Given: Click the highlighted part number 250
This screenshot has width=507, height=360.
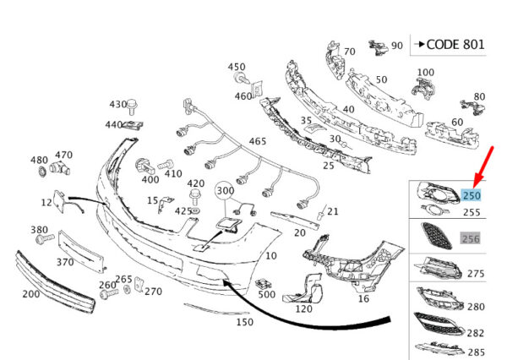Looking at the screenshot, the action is pos(472,195).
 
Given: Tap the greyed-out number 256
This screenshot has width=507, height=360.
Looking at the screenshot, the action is pos(471,238).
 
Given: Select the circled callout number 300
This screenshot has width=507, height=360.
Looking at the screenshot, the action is pos(225,191).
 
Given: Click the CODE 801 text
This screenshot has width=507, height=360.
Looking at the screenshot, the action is pos(455,45).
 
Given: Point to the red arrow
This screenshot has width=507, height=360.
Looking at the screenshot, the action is pos(483,167).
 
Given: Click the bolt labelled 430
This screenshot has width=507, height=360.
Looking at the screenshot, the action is pos(131,106).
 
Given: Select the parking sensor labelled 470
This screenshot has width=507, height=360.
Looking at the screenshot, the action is pos(59,168).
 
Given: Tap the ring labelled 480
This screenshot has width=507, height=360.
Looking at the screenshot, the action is pos(42,171).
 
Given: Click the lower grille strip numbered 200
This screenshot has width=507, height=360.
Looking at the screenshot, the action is pos(55,281).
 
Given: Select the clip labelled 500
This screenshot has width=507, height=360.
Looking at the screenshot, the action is pos(264,285).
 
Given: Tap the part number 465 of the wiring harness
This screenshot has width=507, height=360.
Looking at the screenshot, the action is pos(258,141).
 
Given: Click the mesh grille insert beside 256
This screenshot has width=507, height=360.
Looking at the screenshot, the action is pos(436,236).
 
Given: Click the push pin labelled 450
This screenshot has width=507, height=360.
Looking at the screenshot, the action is pos(241,78).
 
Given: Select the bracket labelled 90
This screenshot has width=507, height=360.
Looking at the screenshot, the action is pos(379,46).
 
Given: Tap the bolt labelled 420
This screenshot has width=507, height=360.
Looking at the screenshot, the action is pos(195,197).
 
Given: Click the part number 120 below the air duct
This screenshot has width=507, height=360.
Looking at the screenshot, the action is pos(304,309).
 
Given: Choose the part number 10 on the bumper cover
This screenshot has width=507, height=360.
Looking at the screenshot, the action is pos(271,256).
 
